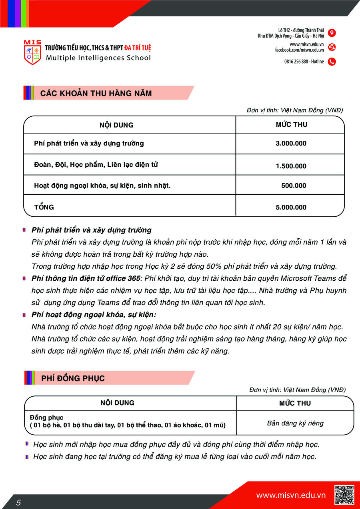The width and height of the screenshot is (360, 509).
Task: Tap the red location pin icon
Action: [x=332, y=33]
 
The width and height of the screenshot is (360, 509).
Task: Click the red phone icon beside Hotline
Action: [x=332, y=62]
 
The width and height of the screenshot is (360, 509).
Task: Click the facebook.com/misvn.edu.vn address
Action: [x=299, y=50]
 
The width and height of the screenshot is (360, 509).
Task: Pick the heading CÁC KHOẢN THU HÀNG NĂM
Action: [x=96, y=94]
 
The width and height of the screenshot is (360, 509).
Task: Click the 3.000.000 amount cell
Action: [x=291, y=144]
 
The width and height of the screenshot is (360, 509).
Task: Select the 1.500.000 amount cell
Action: [x=291, y=166]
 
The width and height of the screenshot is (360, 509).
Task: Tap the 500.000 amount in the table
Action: [x=294, y=186]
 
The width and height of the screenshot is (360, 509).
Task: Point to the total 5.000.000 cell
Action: [x=291, y=207]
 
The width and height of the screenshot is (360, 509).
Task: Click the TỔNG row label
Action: [x=44, y=207]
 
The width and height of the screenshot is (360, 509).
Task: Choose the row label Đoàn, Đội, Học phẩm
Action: [x=96, y=165]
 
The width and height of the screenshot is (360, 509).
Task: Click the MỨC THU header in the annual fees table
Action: [x=292, y=125]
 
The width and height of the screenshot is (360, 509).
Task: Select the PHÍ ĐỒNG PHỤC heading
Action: [x=73, y=378]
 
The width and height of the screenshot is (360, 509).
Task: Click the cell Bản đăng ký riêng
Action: [x=295, y=423]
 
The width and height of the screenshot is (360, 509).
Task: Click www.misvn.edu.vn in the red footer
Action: [x=291, y=495]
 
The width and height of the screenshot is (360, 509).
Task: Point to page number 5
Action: [x=18, y=503]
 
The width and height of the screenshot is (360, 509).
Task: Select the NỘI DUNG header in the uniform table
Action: [x=117, y=403]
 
